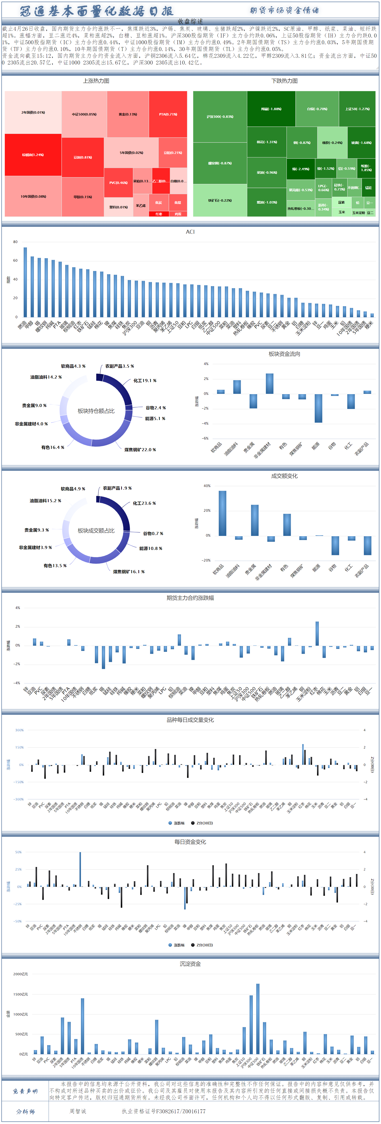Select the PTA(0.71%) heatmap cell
coord(168,114)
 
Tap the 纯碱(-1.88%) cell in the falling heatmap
coord(271,109)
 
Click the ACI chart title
coord(190,232)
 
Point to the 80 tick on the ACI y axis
coord(16,242)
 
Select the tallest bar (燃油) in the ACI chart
coord(25,282)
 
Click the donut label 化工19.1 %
coord(145,380)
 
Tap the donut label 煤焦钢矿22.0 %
coord(140,449)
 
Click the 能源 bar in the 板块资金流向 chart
coord(318,408)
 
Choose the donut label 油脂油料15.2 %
coord(45,501)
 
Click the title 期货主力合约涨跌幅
coord(190,598)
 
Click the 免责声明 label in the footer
coord(25,1091)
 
